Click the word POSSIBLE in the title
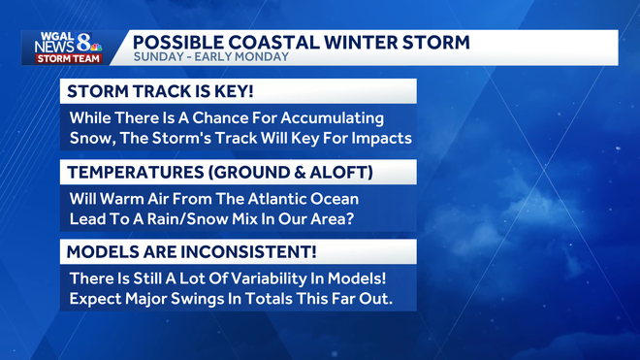pyautogui.click(x=174, y=43)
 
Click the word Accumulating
pyautogui.click(x=336, y=117)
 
